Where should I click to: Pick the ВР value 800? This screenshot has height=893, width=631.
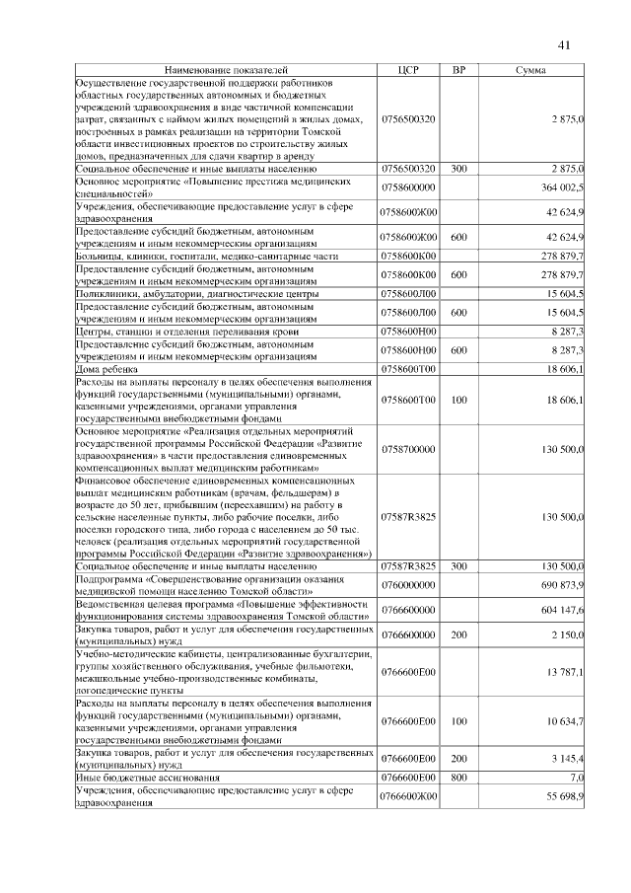pos(458,777)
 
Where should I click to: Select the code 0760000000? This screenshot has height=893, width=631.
pos(408,585)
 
